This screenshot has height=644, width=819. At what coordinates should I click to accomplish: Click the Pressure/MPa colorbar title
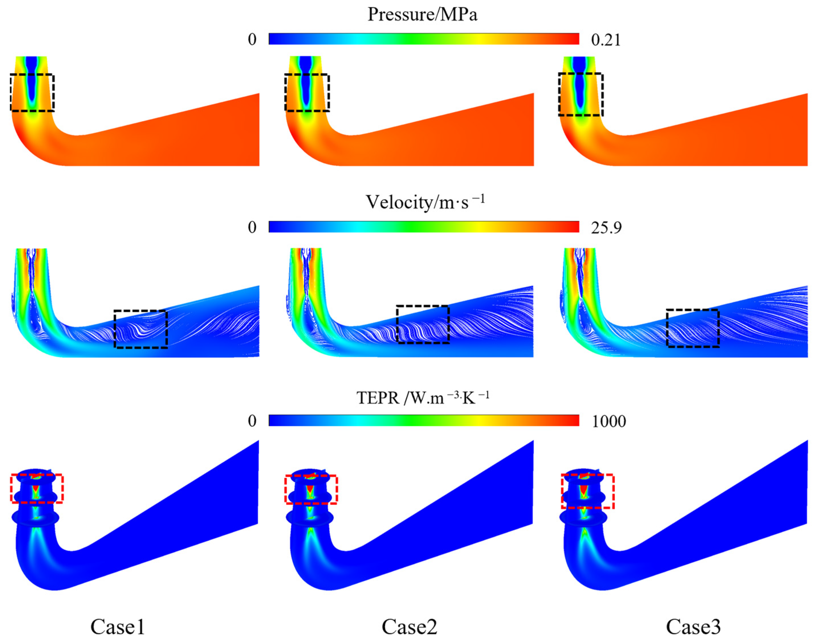422,15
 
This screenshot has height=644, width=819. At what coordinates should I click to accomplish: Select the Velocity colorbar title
425,203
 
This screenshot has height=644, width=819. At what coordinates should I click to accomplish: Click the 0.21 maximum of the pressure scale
606,40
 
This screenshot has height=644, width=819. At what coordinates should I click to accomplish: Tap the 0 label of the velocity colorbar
252,227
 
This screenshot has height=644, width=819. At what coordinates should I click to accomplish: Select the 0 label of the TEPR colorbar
252,421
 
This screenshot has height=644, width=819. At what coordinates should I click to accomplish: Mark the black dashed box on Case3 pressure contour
581,94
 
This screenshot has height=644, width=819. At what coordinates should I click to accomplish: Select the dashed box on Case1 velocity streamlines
141,329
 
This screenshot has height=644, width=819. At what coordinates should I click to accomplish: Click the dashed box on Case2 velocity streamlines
423,324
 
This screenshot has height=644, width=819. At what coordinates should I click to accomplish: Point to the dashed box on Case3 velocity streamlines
693,328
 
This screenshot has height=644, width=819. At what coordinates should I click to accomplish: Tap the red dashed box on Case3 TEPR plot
588,491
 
